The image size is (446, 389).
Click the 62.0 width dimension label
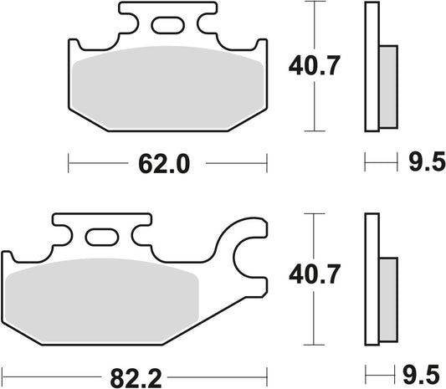pyautogui.click(x=167, y=165)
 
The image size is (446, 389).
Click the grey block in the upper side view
pyautogui.click(x=387, y=84)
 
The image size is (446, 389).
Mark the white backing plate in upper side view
pyautogui.click(x=371, y=67)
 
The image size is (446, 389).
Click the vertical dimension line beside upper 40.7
pyautogui.click(x=315, y=67)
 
